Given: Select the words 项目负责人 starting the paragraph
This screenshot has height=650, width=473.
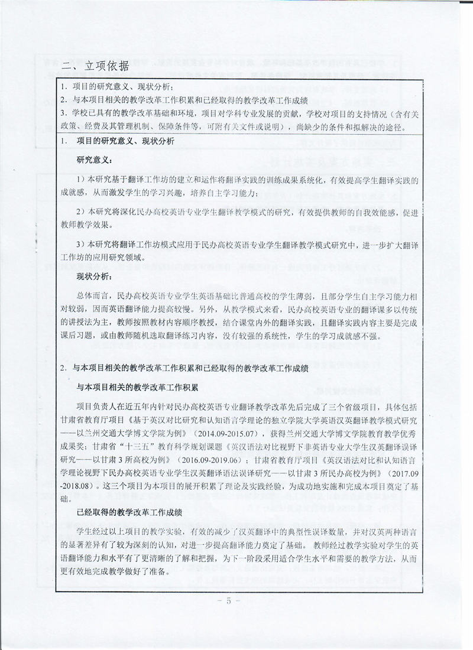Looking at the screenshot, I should (98, 408).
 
